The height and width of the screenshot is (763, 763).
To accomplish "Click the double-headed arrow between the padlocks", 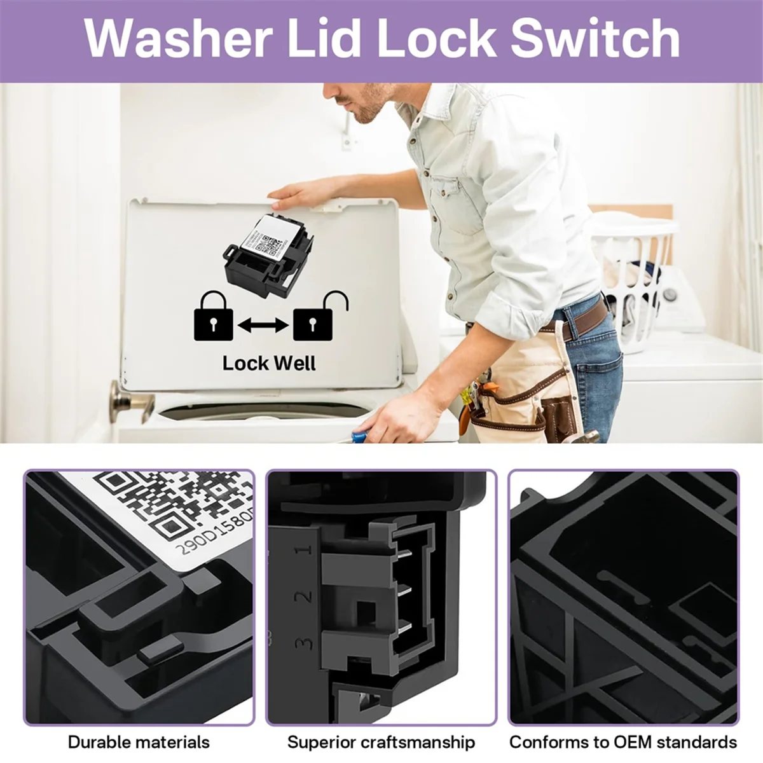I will [263, 326].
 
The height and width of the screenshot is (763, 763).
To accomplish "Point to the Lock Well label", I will [268, 363].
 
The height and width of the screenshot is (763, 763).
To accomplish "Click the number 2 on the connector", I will [305, 596].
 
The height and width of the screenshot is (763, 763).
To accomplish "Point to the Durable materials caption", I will [139, 742].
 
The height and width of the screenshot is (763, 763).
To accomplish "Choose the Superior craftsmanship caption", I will [381, 742].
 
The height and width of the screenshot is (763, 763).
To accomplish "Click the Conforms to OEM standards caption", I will [623, 742].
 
